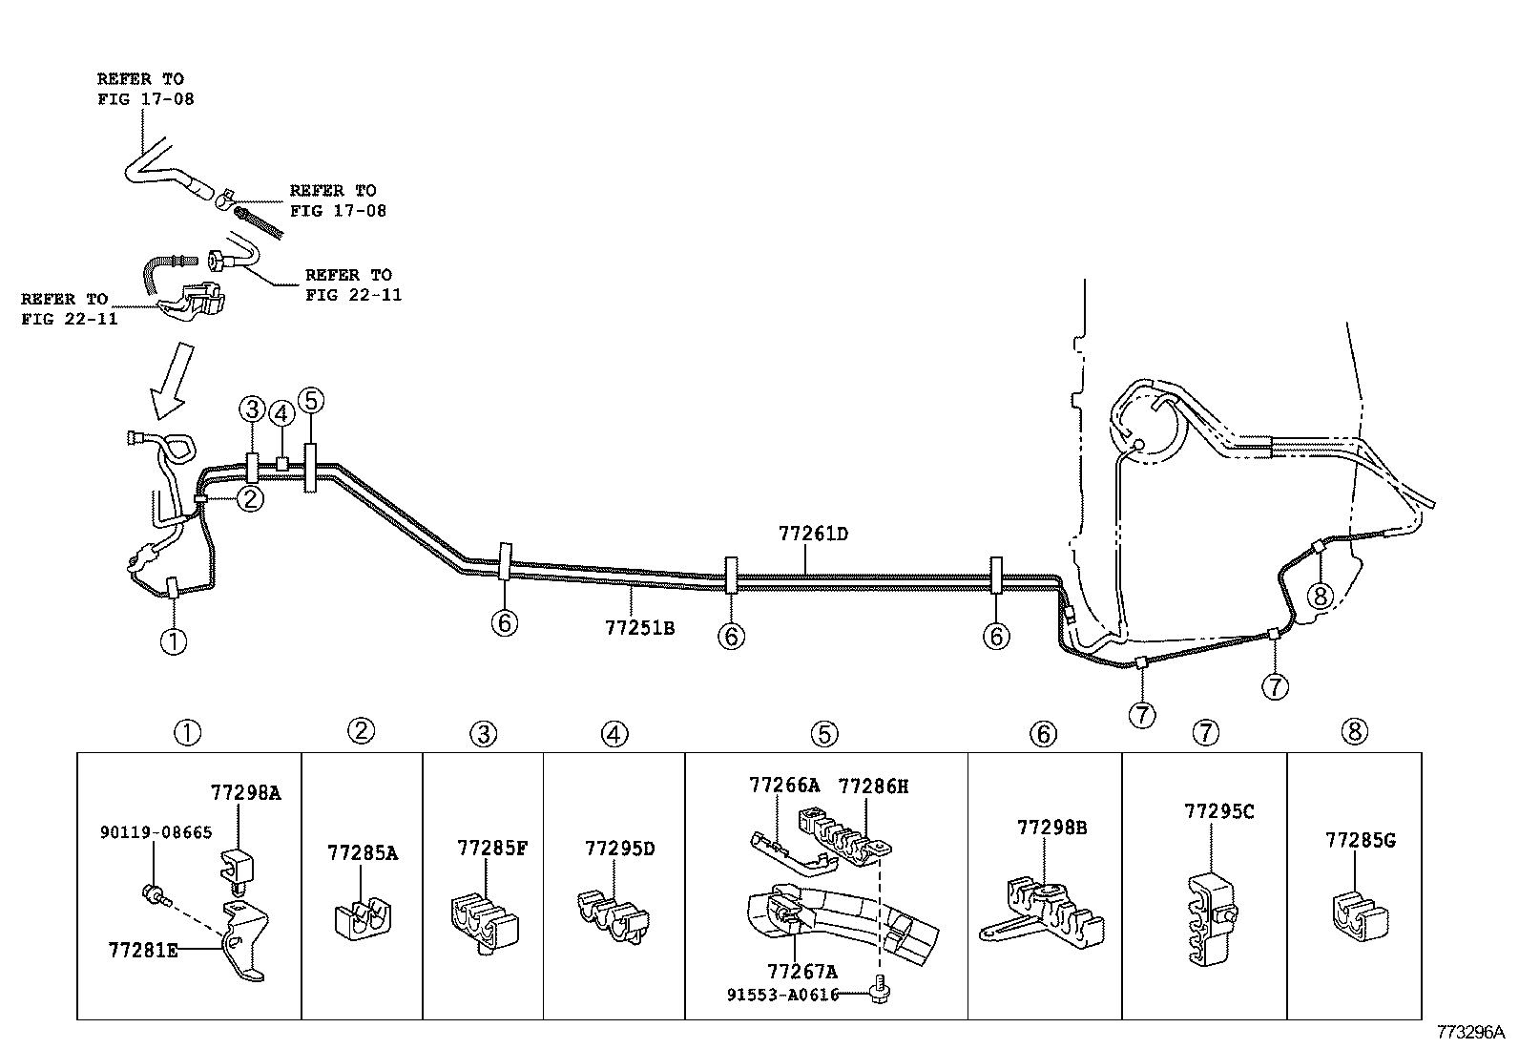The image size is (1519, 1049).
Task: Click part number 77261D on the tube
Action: [x=813, y=535]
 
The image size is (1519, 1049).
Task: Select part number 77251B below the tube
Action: [x=639, y=627]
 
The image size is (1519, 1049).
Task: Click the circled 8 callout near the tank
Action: [x=1320, y=596]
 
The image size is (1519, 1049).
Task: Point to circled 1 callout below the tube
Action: [x=174, y=641]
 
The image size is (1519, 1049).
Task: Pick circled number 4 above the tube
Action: [x=281, y=413]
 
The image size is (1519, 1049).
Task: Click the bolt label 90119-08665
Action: [x=156, y=832]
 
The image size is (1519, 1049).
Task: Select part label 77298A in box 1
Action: [x=245, y=792]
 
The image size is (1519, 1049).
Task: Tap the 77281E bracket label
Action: [x=143, y=951]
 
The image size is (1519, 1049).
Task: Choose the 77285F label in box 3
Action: [x=491, y=848]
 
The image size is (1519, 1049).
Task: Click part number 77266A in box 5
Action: [x=784, y=786]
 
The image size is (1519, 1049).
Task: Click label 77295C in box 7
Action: [x=1218, y=811]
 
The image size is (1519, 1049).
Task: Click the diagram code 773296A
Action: [x=1470, y=1033]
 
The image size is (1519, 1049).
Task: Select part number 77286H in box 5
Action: [x=873, y=786]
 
